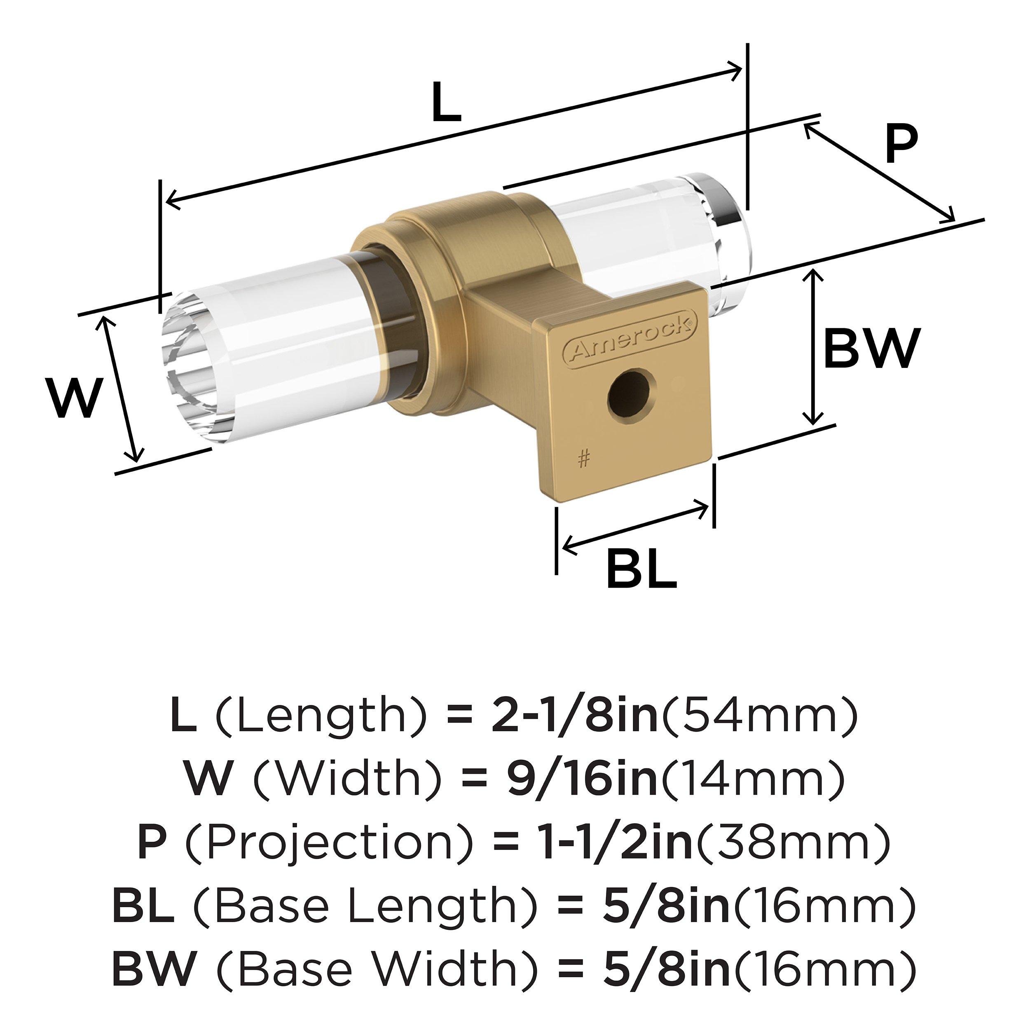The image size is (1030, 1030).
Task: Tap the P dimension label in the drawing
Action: click(x=901, y=145)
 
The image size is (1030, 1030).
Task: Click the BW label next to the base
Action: click(x=872, y=348)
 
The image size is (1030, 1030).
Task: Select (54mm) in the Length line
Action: click(x=758, y=718)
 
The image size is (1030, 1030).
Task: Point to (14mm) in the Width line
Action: click(x=752, y=780)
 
